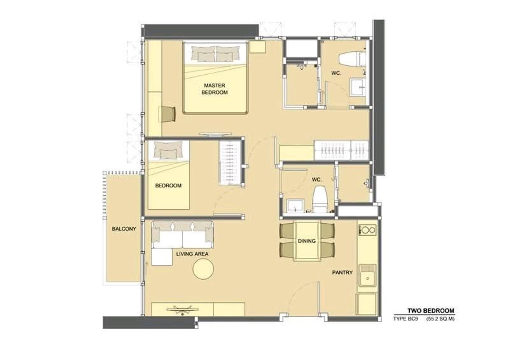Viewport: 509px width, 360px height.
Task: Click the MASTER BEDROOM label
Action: click(214, 89)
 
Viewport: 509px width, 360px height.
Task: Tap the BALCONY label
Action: click(124, 229)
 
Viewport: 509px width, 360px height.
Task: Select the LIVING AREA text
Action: click(192, 254)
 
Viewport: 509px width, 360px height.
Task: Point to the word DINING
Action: click(307, 241)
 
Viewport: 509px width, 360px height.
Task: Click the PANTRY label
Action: click(342, 273)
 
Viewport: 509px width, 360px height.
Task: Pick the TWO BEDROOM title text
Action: click(431, 311)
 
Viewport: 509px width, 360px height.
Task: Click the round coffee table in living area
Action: click(204, 269)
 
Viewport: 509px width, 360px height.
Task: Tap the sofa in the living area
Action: click(183, 234)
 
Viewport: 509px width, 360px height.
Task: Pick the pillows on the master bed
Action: click(215, 53)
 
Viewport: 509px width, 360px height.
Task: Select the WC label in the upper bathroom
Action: click(336, 73)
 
